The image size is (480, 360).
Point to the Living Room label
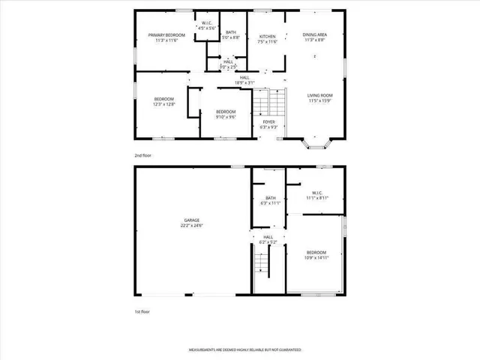pyautogui.click(x=320, y=95)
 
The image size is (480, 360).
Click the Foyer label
pyautogui.click(x=268, y=121)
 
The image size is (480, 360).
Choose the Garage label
pyautogui.click(x=192, y=220)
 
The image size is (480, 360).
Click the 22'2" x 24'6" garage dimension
pyautogui.click(x=192, y=226)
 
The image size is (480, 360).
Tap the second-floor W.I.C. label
pyautogui.click(x=206, y=22)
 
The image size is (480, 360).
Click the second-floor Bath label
pyautogui.click(x=231, y=32)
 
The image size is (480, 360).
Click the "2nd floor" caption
pyautogui.click(x=142, y=155)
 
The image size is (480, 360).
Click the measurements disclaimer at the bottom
pyautogui.click(x=239, y=349)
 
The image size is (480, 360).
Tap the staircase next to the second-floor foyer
pyautogui.click(x=269, y=101)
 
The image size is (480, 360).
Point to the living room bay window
pyautogui.click(x=312, y=142)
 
